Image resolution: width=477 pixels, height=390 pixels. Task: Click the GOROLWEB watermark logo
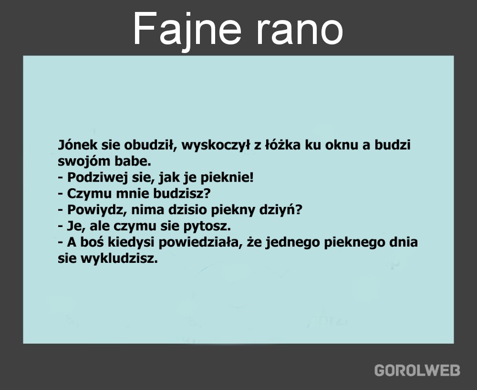point(417,370)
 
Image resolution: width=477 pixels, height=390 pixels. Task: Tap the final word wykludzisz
point(119,259)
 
